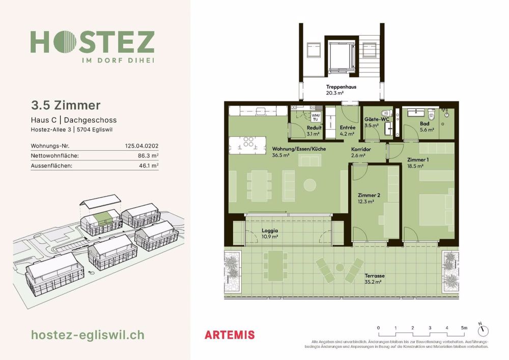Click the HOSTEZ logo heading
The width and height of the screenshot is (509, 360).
[x=92, y=42]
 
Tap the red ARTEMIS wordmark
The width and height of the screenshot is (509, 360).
[x=229, y=335]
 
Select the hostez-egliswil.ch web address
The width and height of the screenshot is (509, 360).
[x=88, y=335]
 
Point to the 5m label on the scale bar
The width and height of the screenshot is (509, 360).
[x=464, y=328]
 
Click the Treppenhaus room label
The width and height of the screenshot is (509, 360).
[x=341, y=87]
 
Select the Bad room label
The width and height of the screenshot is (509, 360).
[x=425, y=123]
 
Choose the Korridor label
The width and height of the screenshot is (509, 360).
[x=360, y=149]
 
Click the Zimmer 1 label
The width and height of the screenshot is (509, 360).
[x=418, y=159]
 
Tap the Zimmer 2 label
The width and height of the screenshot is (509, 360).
[x=369, y=195]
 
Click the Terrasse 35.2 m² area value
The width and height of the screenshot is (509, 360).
[x=374, y=282]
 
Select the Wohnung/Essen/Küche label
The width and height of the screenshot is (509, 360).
[x=298, y=149]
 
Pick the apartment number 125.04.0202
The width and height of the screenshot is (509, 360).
[x=142, y=146]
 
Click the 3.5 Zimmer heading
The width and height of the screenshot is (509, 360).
[x=66, y=105]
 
